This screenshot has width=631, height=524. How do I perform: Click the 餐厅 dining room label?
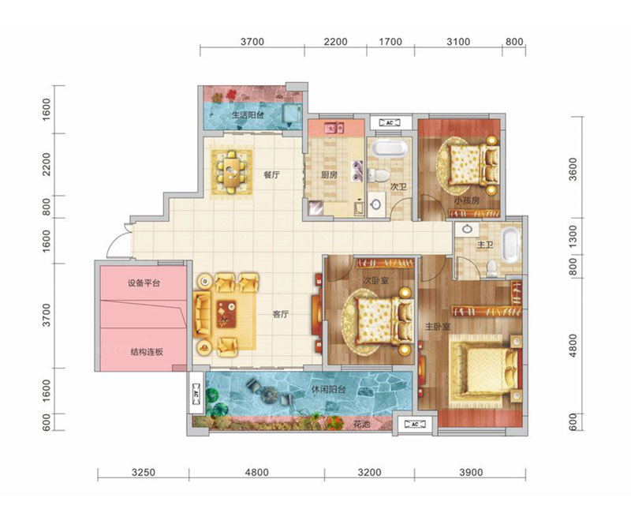(271, 175)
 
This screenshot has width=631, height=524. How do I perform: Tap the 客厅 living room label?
(281, 315)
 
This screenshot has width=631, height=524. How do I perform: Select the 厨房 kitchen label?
(329, 175)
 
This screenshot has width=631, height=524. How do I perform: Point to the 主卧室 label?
(438, 327)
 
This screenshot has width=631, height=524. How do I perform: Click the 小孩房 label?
(467, 200)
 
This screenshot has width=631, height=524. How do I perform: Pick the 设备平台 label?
(144, 283)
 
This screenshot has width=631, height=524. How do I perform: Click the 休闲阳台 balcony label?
(329, 390)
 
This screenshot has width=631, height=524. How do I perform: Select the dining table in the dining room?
(231, 171)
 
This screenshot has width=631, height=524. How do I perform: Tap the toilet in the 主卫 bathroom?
(491, 268)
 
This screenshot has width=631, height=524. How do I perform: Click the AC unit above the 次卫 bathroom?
(390, 122)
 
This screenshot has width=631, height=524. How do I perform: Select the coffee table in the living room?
(226, 314)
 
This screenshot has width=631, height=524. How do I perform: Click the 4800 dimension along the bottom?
(256, 472)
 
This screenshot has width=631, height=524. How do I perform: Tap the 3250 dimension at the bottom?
(144, 472)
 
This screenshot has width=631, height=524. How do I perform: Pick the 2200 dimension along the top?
(336, 42)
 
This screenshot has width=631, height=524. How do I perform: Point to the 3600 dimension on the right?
(573, 169)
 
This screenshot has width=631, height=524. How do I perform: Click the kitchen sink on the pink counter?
(334, 128)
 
